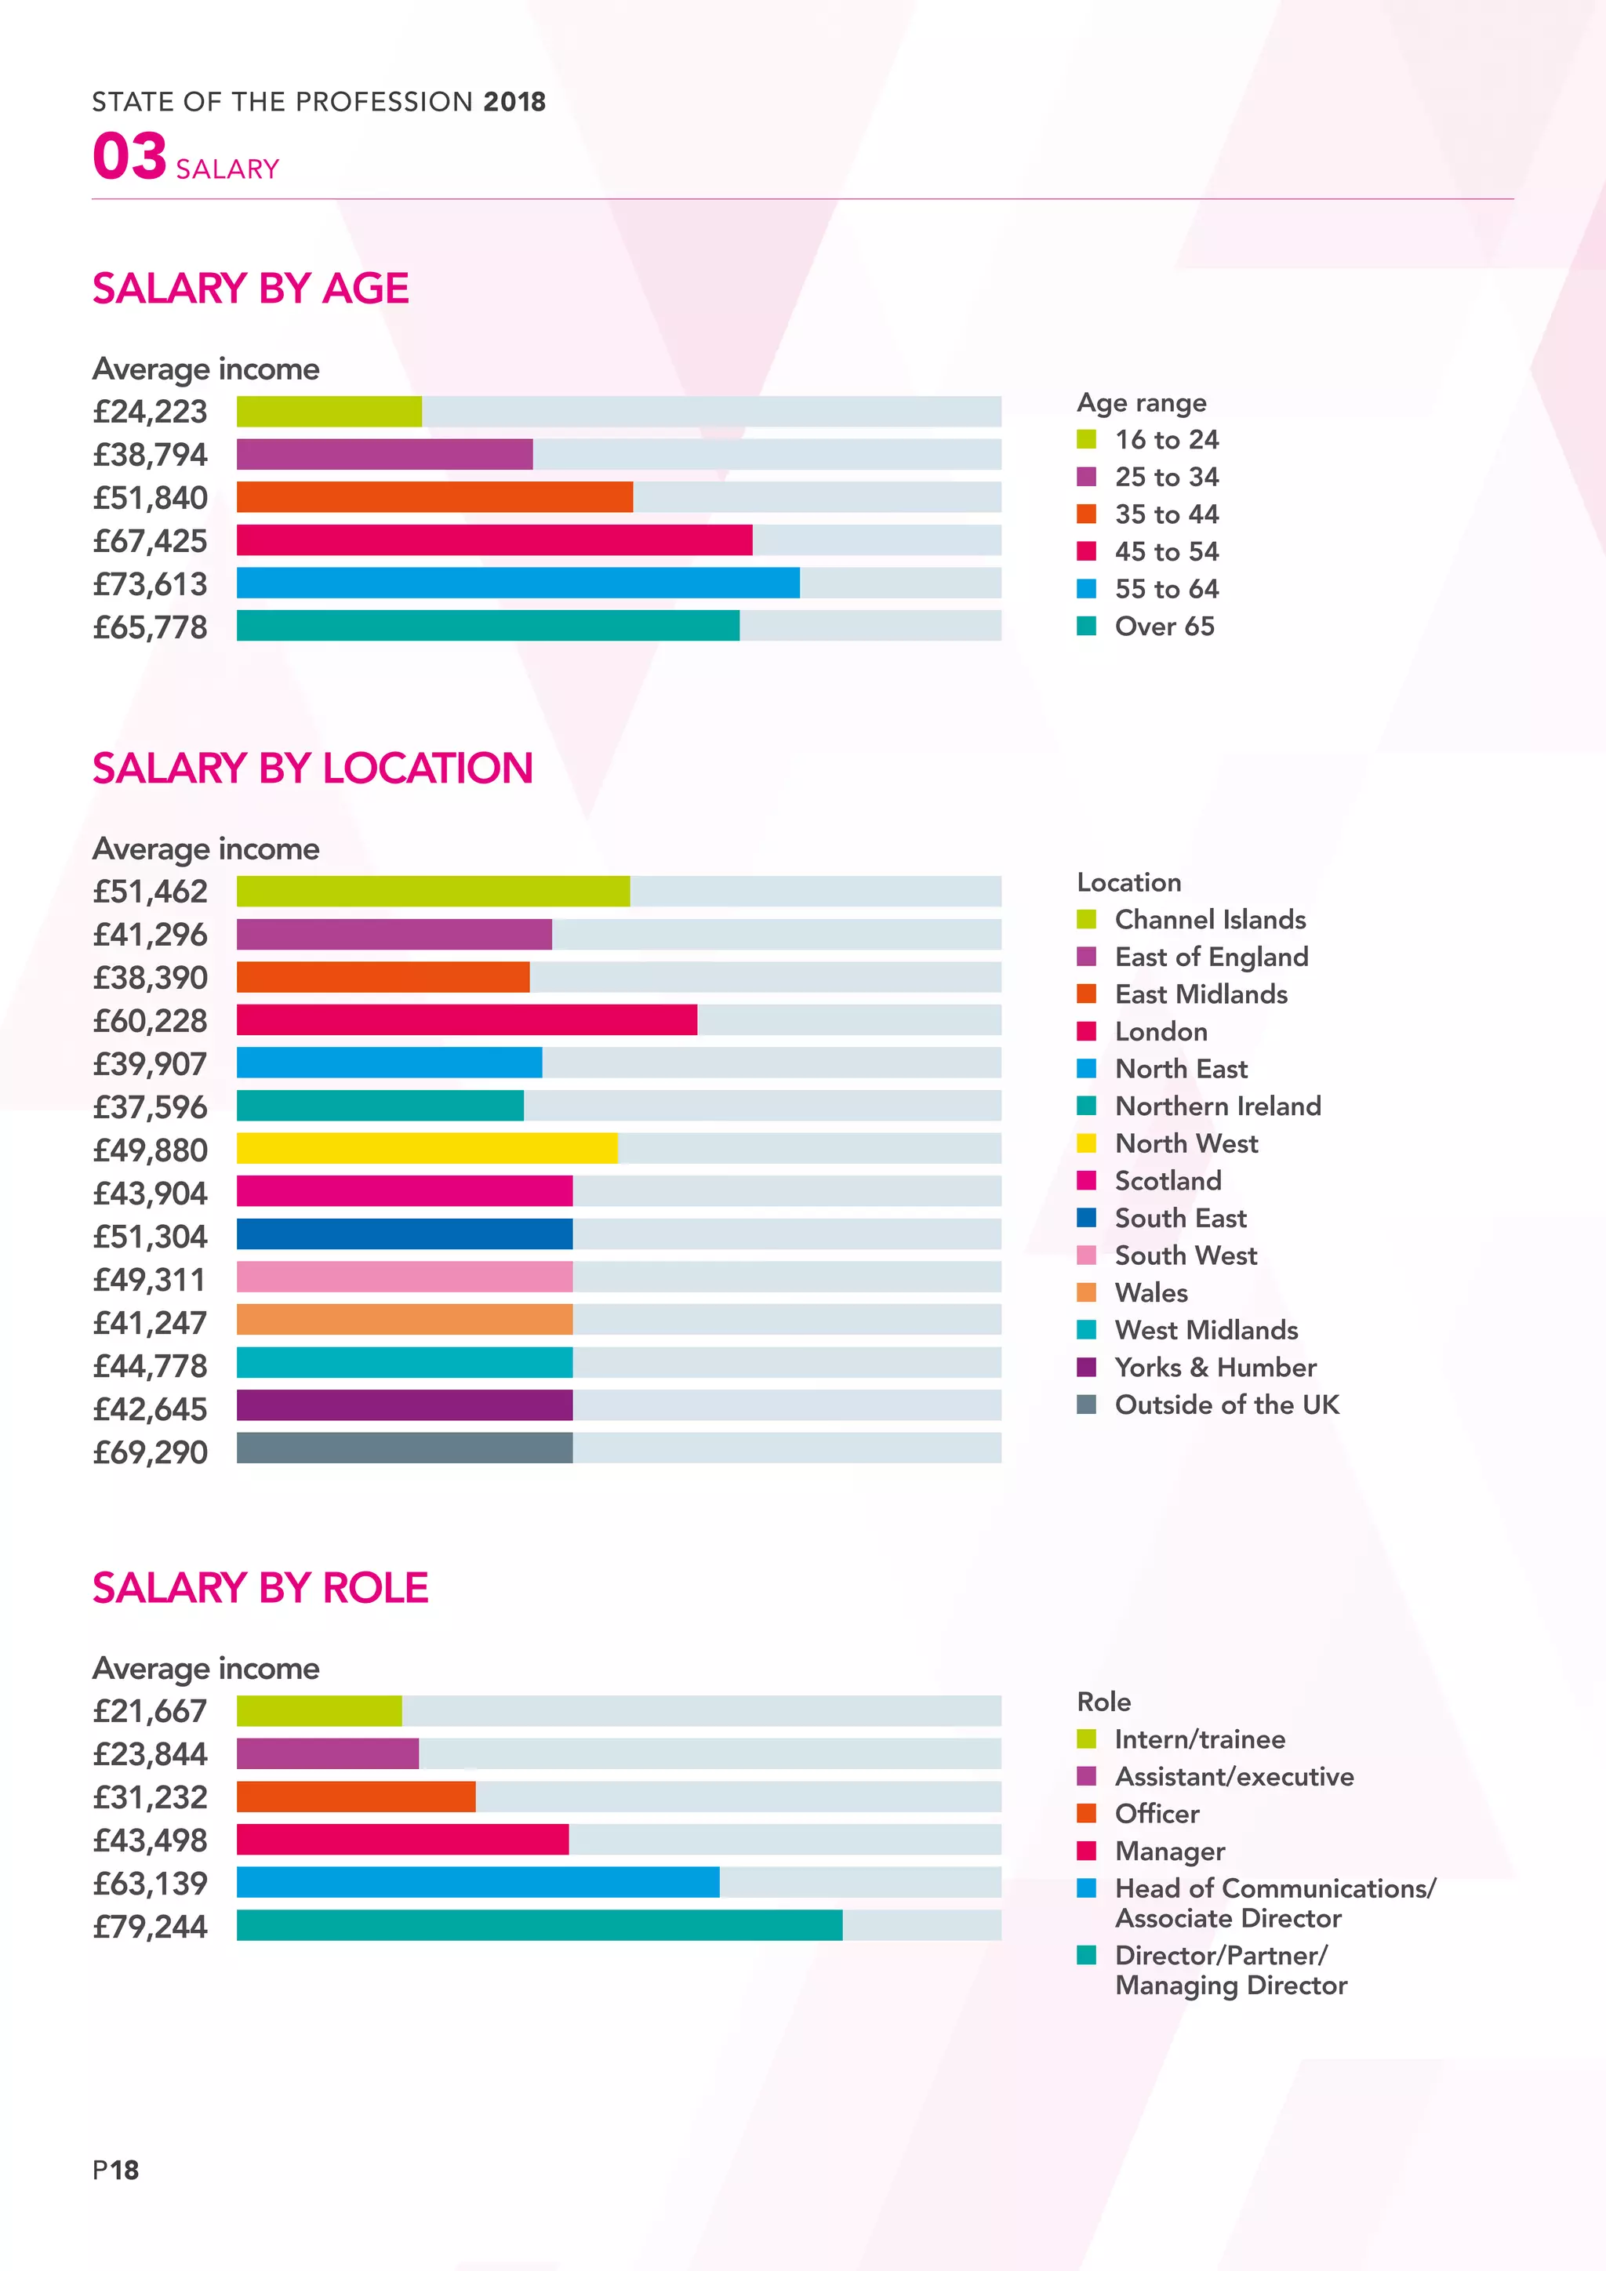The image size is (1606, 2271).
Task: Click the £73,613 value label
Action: [151, 584]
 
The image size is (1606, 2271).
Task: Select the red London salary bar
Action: [466, 1019]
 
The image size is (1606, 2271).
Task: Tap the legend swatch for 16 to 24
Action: [1086, 439]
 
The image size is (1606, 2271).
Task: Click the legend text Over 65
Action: [1164, 626]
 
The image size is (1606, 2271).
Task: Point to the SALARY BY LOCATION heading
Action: [313, 769]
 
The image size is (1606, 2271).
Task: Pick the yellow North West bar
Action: [427, 1148]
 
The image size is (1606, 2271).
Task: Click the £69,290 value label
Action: [151, 1452]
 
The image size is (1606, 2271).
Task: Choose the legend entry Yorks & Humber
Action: [1215, 1367]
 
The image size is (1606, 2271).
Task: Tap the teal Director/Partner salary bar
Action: [539, 1925]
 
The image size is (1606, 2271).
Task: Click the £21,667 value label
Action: [151, 1711]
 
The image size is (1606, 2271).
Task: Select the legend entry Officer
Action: [1156, 1813]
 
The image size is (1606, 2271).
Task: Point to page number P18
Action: [116, 2170]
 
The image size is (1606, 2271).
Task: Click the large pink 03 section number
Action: [129, 158]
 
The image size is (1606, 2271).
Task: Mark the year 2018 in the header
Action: [514, 102]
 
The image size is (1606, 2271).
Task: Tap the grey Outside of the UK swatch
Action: [1086, 1404]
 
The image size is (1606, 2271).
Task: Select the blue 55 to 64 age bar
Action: [518, 583]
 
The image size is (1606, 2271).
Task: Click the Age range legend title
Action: [1141, 402]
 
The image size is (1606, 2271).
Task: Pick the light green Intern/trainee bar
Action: [318, 1711]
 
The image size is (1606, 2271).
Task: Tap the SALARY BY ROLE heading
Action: [260, 1589]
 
